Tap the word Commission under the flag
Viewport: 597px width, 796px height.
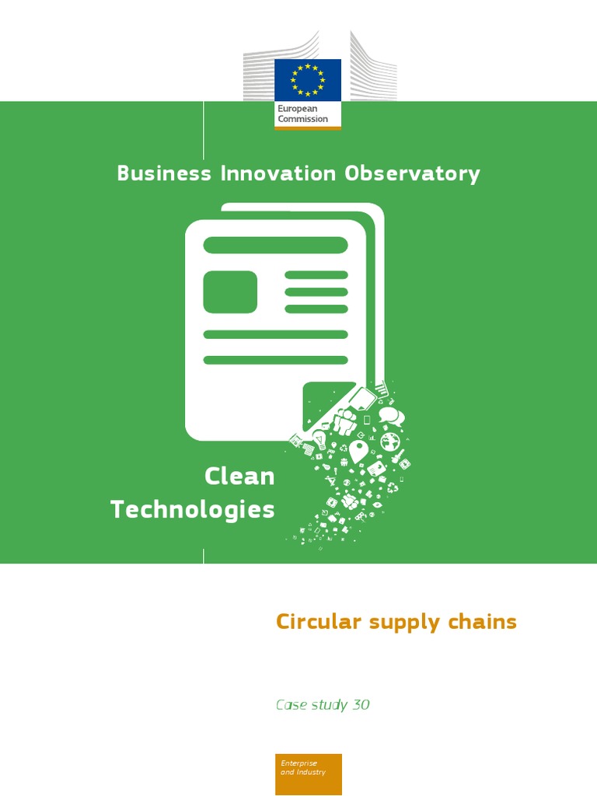[x=303, y=120]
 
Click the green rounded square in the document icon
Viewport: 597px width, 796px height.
[x=230, y=292]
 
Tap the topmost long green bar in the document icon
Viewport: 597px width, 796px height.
[x=275, y=245]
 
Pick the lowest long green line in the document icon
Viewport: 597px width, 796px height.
[x=275, y=360]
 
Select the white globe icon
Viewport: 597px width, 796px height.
[x=390, y=441]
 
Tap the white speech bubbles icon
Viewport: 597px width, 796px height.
[x=391, y=416]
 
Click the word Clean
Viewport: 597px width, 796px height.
[x=239, y=477]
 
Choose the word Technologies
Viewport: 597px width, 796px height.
[x=193, y=510]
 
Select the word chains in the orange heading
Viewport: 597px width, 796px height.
[x=486, y=622]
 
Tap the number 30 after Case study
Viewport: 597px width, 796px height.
[x=361, y=705]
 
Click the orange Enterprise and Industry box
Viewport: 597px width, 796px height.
[x=308, y=773]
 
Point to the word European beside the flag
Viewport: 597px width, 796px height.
[x=297, y=110]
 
